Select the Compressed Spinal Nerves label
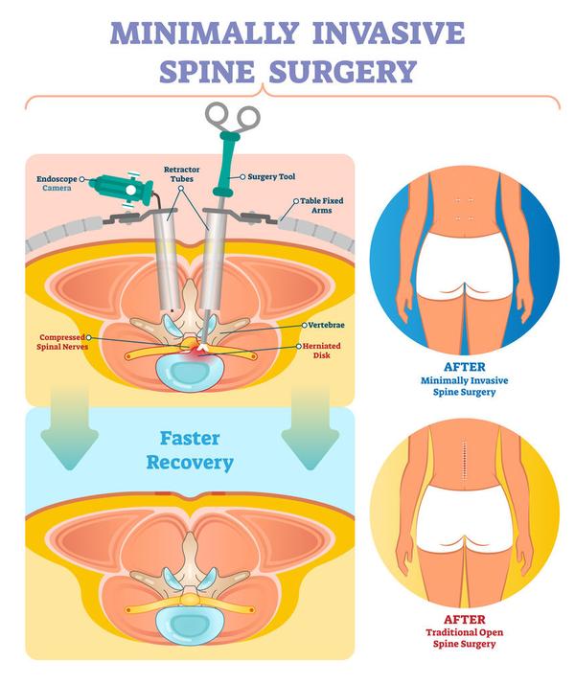[65, 344]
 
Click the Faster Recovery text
[190, 451]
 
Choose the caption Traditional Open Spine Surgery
[464, 638]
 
